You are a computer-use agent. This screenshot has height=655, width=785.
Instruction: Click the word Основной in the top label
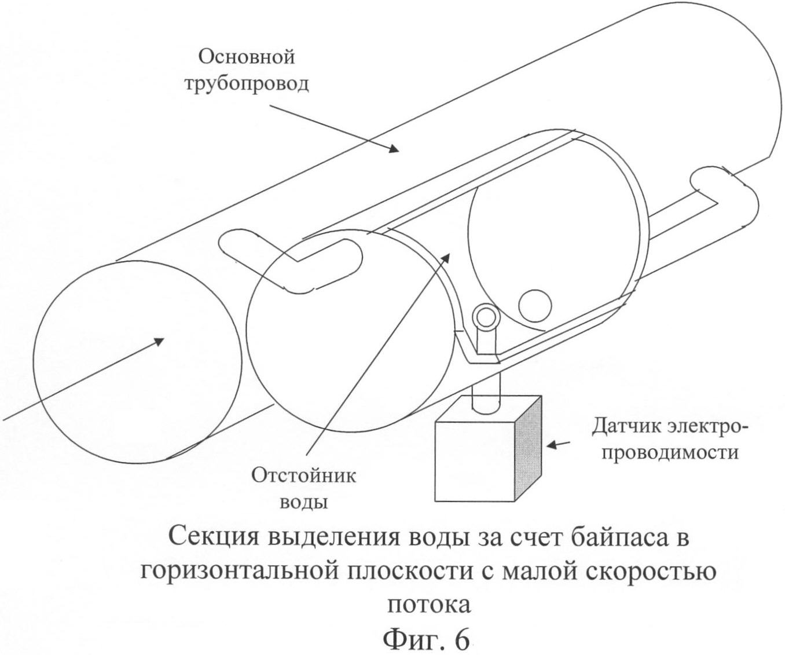coord(247,57)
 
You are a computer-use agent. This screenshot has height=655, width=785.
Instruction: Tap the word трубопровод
coord(247,84)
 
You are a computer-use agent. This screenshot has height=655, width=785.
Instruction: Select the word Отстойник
coord(303,476)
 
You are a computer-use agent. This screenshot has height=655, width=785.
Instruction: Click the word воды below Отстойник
coord(304,502)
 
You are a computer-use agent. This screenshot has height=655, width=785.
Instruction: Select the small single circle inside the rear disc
coord(534,304)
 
